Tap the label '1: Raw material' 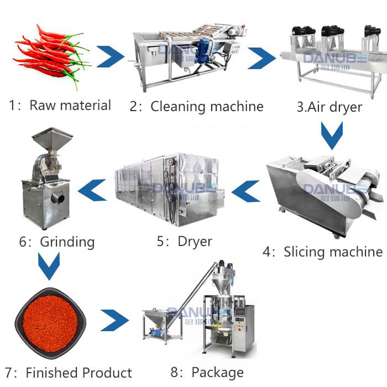60,105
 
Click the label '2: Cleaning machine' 196,106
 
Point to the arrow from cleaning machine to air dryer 262,57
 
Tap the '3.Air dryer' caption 330,106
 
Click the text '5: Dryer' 184,241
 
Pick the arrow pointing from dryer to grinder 92,191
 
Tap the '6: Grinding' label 55,242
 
